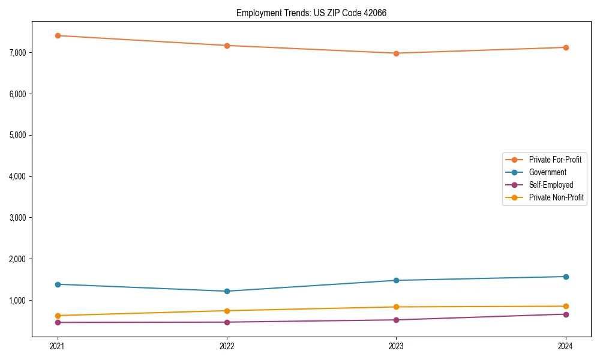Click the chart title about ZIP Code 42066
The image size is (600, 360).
coord(311,13)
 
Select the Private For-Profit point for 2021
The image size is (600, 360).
coord(58,35)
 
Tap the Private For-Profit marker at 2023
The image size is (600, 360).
coord(396,53)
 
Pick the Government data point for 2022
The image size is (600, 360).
coord(227,292)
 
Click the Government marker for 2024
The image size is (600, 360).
coord(566,277)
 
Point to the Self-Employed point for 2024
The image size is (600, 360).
coord(566,314)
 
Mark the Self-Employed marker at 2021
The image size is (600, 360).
coord(58,323)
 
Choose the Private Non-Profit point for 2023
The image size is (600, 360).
coord(396,307)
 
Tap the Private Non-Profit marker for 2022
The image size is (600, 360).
coord(227,311)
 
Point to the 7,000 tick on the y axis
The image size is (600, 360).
coord(17,53)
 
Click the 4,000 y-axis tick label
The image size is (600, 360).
coord(17,176)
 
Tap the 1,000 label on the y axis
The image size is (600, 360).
coord(17,301)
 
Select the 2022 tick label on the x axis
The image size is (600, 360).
coord(227,346)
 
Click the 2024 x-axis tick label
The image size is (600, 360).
coord(566,346)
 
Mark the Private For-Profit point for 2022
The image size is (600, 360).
coord(227,46)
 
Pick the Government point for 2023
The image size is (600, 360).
coord(396,280)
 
